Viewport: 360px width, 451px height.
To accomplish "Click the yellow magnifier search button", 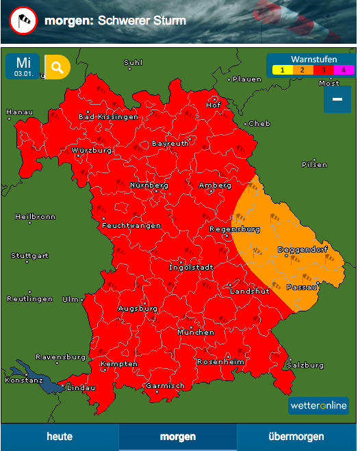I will (57, 67).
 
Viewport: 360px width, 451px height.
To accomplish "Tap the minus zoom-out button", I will (337, 99).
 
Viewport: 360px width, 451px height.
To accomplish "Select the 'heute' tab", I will (60, 437).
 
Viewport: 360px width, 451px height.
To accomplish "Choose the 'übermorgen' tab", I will (296, 437).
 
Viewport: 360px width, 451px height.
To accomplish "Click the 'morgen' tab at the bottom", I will (178, 437).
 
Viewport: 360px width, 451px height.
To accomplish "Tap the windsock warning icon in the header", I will (23, 21).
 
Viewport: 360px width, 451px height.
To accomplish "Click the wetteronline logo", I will (318, 406).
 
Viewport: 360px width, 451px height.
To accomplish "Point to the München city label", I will (196, 332).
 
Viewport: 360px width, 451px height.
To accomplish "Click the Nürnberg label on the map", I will (149, 185).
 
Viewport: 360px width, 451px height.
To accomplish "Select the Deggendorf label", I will (300, 250).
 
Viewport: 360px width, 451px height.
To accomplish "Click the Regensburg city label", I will (234, 229).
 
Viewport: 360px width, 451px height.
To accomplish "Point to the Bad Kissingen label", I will (108, 116).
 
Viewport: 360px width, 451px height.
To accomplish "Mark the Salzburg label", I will (306, 365).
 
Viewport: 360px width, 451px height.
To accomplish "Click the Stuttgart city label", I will (29, 256).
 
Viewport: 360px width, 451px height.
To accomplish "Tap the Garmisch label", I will (165, 386).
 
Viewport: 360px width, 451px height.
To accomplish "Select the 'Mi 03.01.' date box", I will (23, 66).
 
